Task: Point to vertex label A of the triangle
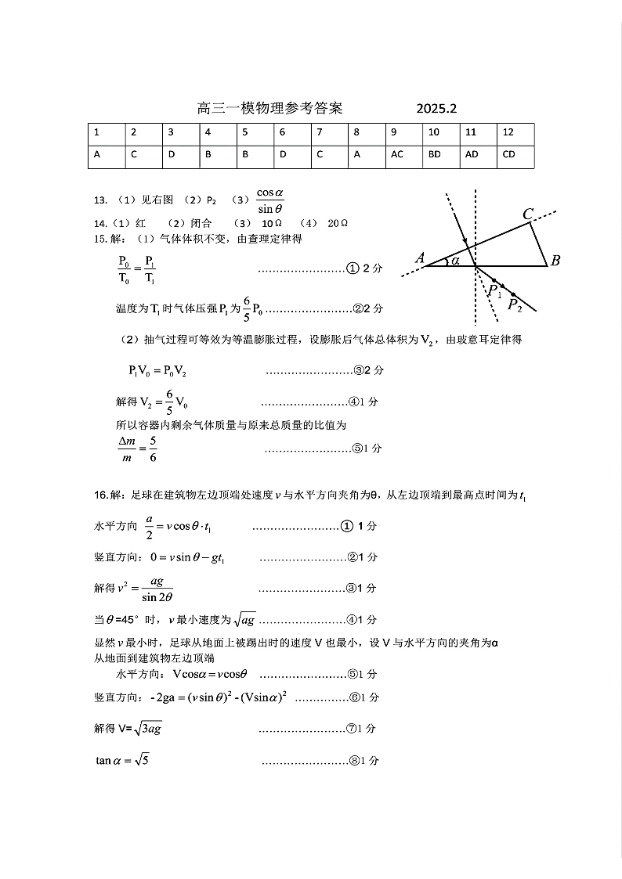click(x=420, y=258)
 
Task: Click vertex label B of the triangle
click(x=555, y=261)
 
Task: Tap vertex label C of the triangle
click(x=528, y=214)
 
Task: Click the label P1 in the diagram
click(x=494, y=291)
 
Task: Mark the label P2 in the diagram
click(x=515, y=304)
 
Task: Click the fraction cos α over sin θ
click(x=269, y=200)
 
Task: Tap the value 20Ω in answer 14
click(x=338, y=223)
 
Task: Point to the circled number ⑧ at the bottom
click(x=352, y=761)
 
